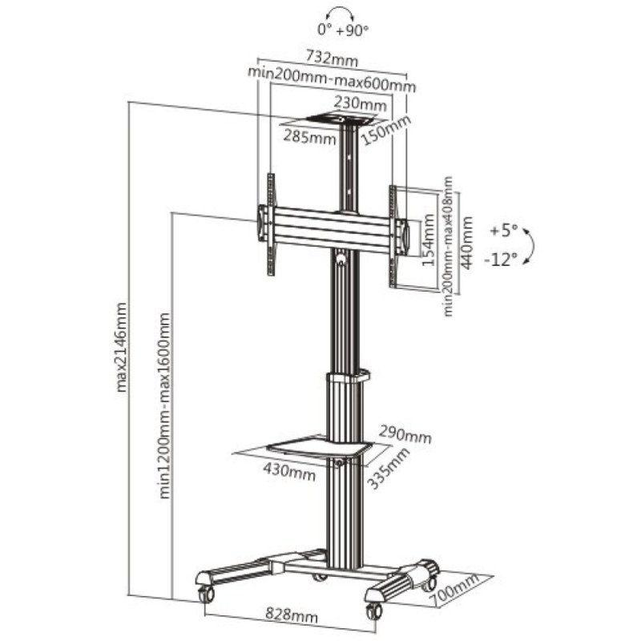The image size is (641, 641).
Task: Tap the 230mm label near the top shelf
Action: point(360,104)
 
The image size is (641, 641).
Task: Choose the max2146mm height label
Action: point(123,348)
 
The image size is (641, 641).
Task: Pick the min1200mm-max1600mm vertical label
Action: point(164,405)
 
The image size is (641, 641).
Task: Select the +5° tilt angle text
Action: point(504,232)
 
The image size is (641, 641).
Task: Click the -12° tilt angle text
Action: point(502,258)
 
